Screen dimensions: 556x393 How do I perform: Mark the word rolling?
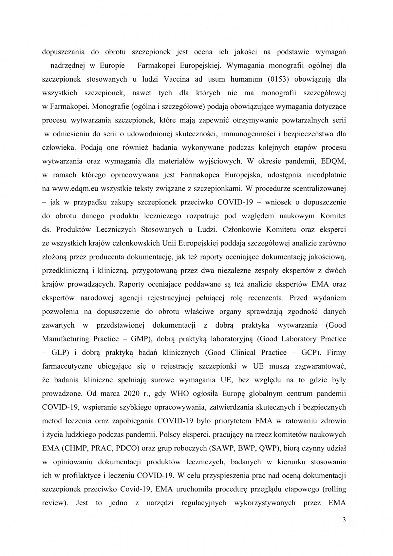pos(334,489)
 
